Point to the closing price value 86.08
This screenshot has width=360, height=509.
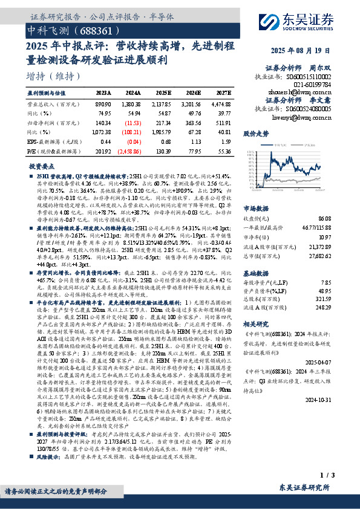tap(323, 218)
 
